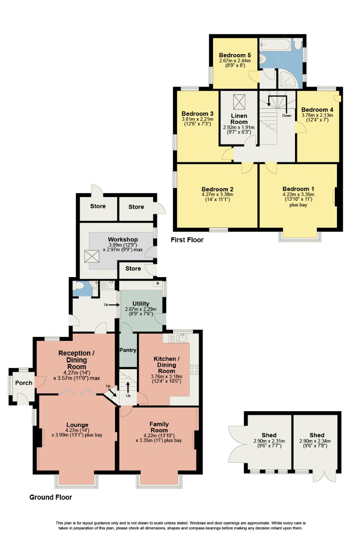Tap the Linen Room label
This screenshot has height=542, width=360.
(239, 119)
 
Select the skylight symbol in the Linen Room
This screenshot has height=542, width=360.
(239, 102)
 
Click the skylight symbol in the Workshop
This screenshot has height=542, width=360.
(92, 256)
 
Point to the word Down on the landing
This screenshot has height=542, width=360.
(287, 116)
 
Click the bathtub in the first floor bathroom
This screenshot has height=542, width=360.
(275, 45)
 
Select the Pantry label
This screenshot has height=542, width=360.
(128, 350)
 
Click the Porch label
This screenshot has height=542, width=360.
(24, 383)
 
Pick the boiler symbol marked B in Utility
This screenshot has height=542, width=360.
(158, 283)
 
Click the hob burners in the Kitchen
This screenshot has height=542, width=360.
(194, 370)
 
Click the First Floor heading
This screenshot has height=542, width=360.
(187, 240)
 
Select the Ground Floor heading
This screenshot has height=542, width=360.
(50, 497)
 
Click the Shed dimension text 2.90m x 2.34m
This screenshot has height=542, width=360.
(315, 441)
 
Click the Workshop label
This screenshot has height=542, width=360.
(123, 239)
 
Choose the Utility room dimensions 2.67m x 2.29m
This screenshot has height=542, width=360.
(141, 309)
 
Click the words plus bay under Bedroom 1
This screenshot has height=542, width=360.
(298, 205)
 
